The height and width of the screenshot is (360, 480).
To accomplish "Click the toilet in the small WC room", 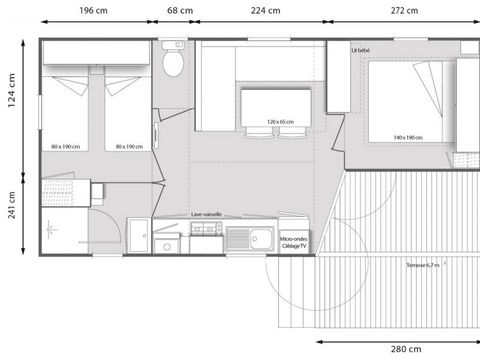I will [174, 62].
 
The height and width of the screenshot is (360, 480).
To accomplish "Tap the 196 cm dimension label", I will [96, 11].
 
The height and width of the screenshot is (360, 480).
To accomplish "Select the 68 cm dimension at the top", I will [179, 11].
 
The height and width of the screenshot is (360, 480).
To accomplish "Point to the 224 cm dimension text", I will [266, 11].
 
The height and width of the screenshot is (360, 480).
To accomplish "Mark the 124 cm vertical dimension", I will [12, 94].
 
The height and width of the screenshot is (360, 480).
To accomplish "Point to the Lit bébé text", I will [362, 49].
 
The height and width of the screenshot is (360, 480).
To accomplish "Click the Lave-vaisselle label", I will [207, 215].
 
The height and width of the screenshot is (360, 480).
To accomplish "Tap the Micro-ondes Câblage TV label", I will [293, 242].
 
